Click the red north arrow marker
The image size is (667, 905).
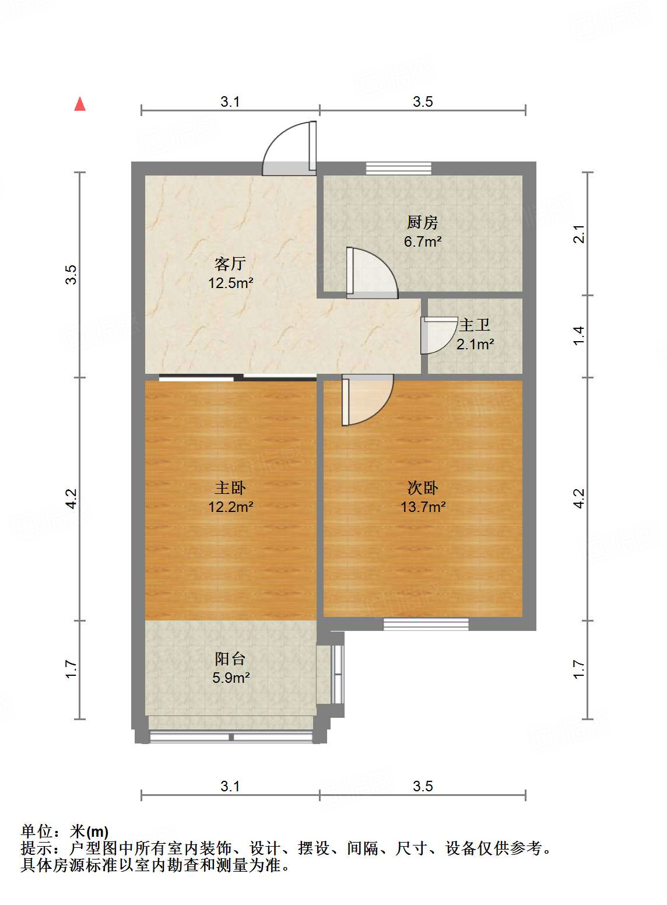pyautogui.click(x=80, y=104)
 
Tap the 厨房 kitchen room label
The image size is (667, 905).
pyautogui.click(x=422, y=222)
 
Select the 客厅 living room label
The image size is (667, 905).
pyautogui.click(x=230, y=264)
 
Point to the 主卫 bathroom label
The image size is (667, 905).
pyautogui.click(x=474, y=325)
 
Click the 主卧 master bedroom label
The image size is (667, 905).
pyautogui.click(x=230, y=487)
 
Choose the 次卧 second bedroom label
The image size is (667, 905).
pyautogui.click(x=422, y=487)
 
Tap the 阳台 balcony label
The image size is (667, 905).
pyautogui.click(x=230, y=659)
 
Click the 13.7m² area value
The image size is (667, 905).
pyautogui.click(x=423, y=507)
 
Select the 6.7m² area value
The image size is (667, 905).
pyautogui.click(x=423, y=241)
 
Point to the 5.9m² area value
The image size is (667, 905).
pyautogui.click(x=231, y=678)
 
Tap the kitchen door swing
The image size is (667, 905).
pyautogui.click(x=371, y=273)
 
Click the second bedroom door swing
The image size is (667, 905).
pyautogui.click(x=367, y=399)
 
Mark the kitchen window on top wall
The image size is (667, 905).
pyautogui.click(x=399, y=169)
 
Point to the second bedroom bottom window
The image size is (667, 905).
pyautogui.click(x=426, y=624)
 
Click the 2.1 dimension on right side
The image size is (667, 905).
pyautogui.click(x=578, y=234)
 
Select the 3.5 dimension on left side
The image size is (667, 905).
pyautogui.click(x=71, y=275)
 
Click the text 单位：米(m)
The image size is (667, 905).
pyautogui.click(x=65, y=831)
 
